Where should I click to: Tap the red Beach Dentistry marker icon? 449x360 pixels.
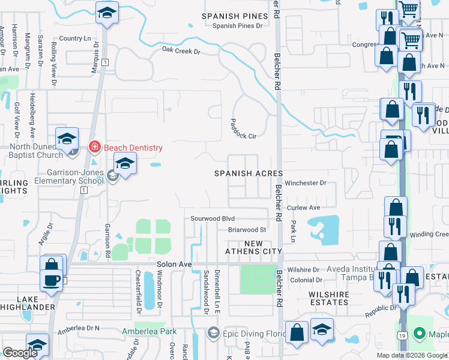pos(94,146)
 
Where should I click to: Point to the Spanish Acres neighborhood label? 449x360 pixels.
pos(249,173)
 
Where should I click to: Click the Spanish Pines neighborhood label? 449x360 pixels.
pos(234,16)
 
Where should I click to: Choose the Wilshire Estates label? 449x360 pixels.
pos(329,298)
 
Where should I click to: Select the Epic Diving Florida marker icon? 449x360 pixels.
pos(214,332)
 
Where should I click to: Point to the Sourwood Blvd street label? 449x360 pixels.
pos(212,219)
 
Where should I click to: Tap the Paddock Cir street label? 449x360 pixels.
pos(243,128)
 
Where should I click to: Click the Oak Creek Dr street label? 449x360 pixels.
pos(181,51)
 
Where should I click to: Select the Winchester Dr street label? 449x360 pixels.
pos(306,183)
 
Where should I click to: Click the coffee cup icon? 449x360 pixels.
pos(52,280)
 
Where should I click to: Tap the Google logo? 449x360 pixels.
pos(20,353)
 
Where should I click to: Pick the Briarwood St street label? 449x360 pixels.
pos(247,230)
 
